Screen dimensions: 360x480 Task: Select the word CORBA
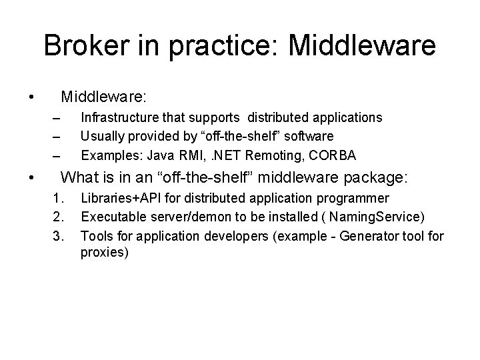point(333,155)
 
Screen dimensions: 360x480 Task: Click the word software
point(309,136)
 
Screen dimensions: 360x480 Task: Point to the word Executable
point(112,217)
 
